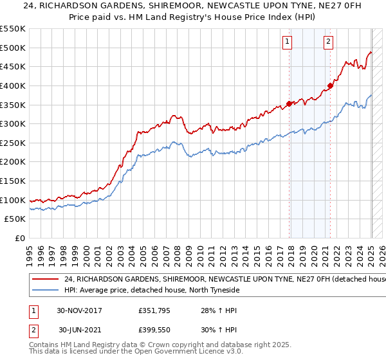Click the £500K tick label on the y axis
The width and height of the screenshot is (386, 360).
[13, 48]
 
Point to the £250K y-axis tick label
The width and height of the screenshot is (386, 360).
[13, 143]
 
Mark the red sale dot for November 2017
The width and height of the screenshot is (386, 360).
[289, 104]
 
